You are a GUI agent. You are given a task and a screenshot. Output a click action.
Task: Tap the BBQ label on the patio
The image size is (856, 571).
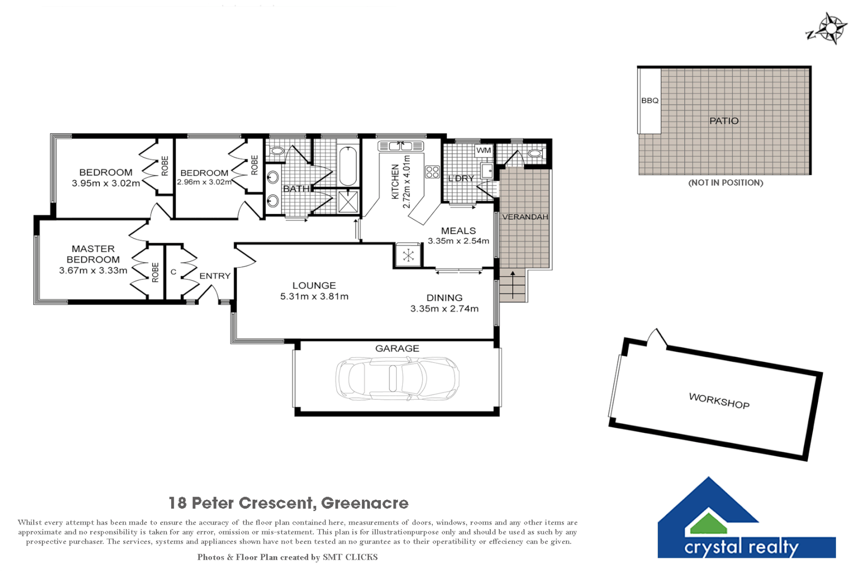[649, 100]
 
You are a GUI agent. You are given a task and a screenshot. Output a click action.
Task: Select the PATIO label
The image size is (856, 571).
[723, 121]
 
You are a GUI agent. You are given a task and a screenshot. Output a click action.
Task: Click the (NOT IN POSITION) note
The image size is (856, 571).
[725, 183]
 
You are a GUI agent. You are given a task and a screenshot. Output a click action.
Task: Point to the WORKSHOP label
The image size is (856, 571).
[719, 401]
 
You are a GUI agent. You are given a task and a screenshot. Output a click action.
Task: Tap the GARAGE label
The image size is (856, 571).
[397, 348]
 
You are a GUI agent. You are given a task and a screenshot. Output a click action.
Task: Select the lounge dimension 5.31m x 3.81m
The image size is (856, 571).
[314, 297]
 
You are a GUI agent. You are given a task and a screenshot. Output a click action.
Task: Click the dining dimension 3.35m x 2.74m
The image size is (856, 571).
[444, 309]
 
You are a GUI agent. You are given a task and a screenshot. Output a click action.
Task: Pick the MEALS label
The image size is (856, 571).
[458, 231]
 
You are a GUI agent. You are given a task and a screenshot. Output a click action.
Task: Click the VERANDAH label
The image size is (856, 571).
[525, 217]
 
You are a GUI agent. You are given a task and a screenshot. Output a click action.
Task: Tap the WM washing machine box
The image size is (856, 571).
[483, 151]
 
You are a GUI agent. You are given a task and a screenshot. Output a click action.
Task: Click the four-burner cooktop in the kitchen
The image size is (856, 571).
[432, 172]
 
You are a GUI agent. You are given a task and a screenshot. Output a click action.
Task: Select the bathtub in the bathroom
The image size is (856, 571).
[348, 166]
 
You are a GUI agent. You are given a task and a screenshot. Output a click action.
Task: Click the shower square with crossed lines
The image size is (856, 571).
[348, 201]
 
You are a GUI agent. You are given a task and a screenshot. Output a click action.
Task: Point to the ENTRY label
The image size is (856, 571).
[215, 276]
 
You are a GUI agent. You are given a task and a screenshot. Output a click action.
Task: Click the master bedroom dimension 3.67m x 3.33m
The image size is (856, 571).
[93, 271]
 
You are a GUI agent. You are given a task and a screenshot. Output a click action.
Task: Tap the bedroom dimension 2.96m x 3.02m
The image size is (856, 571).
[204, 182]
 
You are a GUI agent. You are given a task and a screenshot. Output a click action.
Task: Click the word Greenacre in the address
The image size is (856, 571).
[365, 503]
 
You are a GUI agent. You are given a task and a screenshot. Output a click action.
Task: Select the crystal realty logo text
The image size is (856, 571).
[741, 547]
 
